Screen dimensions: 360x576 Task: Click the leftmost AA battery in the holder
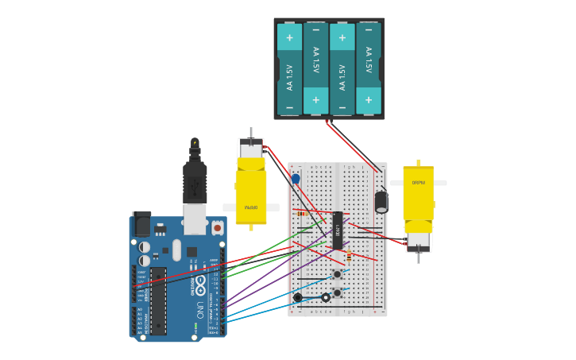point(289,69)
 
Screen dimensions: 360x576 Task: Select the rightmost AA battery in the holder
point(369,69)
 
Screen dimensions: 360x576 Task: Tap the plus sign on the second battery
point(315,100)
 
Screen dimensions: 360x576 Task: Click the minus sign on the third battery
point(342,107)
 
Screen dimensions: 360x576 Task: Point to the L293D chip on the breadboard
point(338,230)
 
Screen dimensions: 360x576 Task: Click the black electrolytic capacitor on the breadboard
point(381,201)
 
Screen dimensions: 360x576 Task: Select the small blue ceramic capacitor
point(296,179)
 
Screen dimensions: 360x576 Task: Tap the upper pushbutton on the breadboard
point(338,274)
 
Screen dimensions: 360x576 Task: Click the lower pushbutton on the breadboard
point(338,293)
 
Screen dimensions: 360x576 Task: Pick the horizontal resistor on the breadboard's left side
point(302,213)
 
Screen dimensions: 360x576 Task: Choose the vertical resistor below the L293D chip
point(349,255)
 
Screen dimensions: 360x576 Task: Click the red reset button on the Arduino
point(217,228)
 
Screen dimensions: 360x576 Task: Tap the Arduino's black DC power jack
point(142,224)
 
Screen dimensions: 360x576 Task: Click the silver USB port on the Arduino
point(195,219)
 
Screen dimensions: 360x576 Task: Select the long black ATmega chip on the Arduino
point(158,300)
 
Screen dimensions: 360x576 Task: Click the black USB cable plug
point(195,183)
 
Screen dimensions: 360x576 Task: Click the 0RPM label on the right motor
point(418,183)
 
